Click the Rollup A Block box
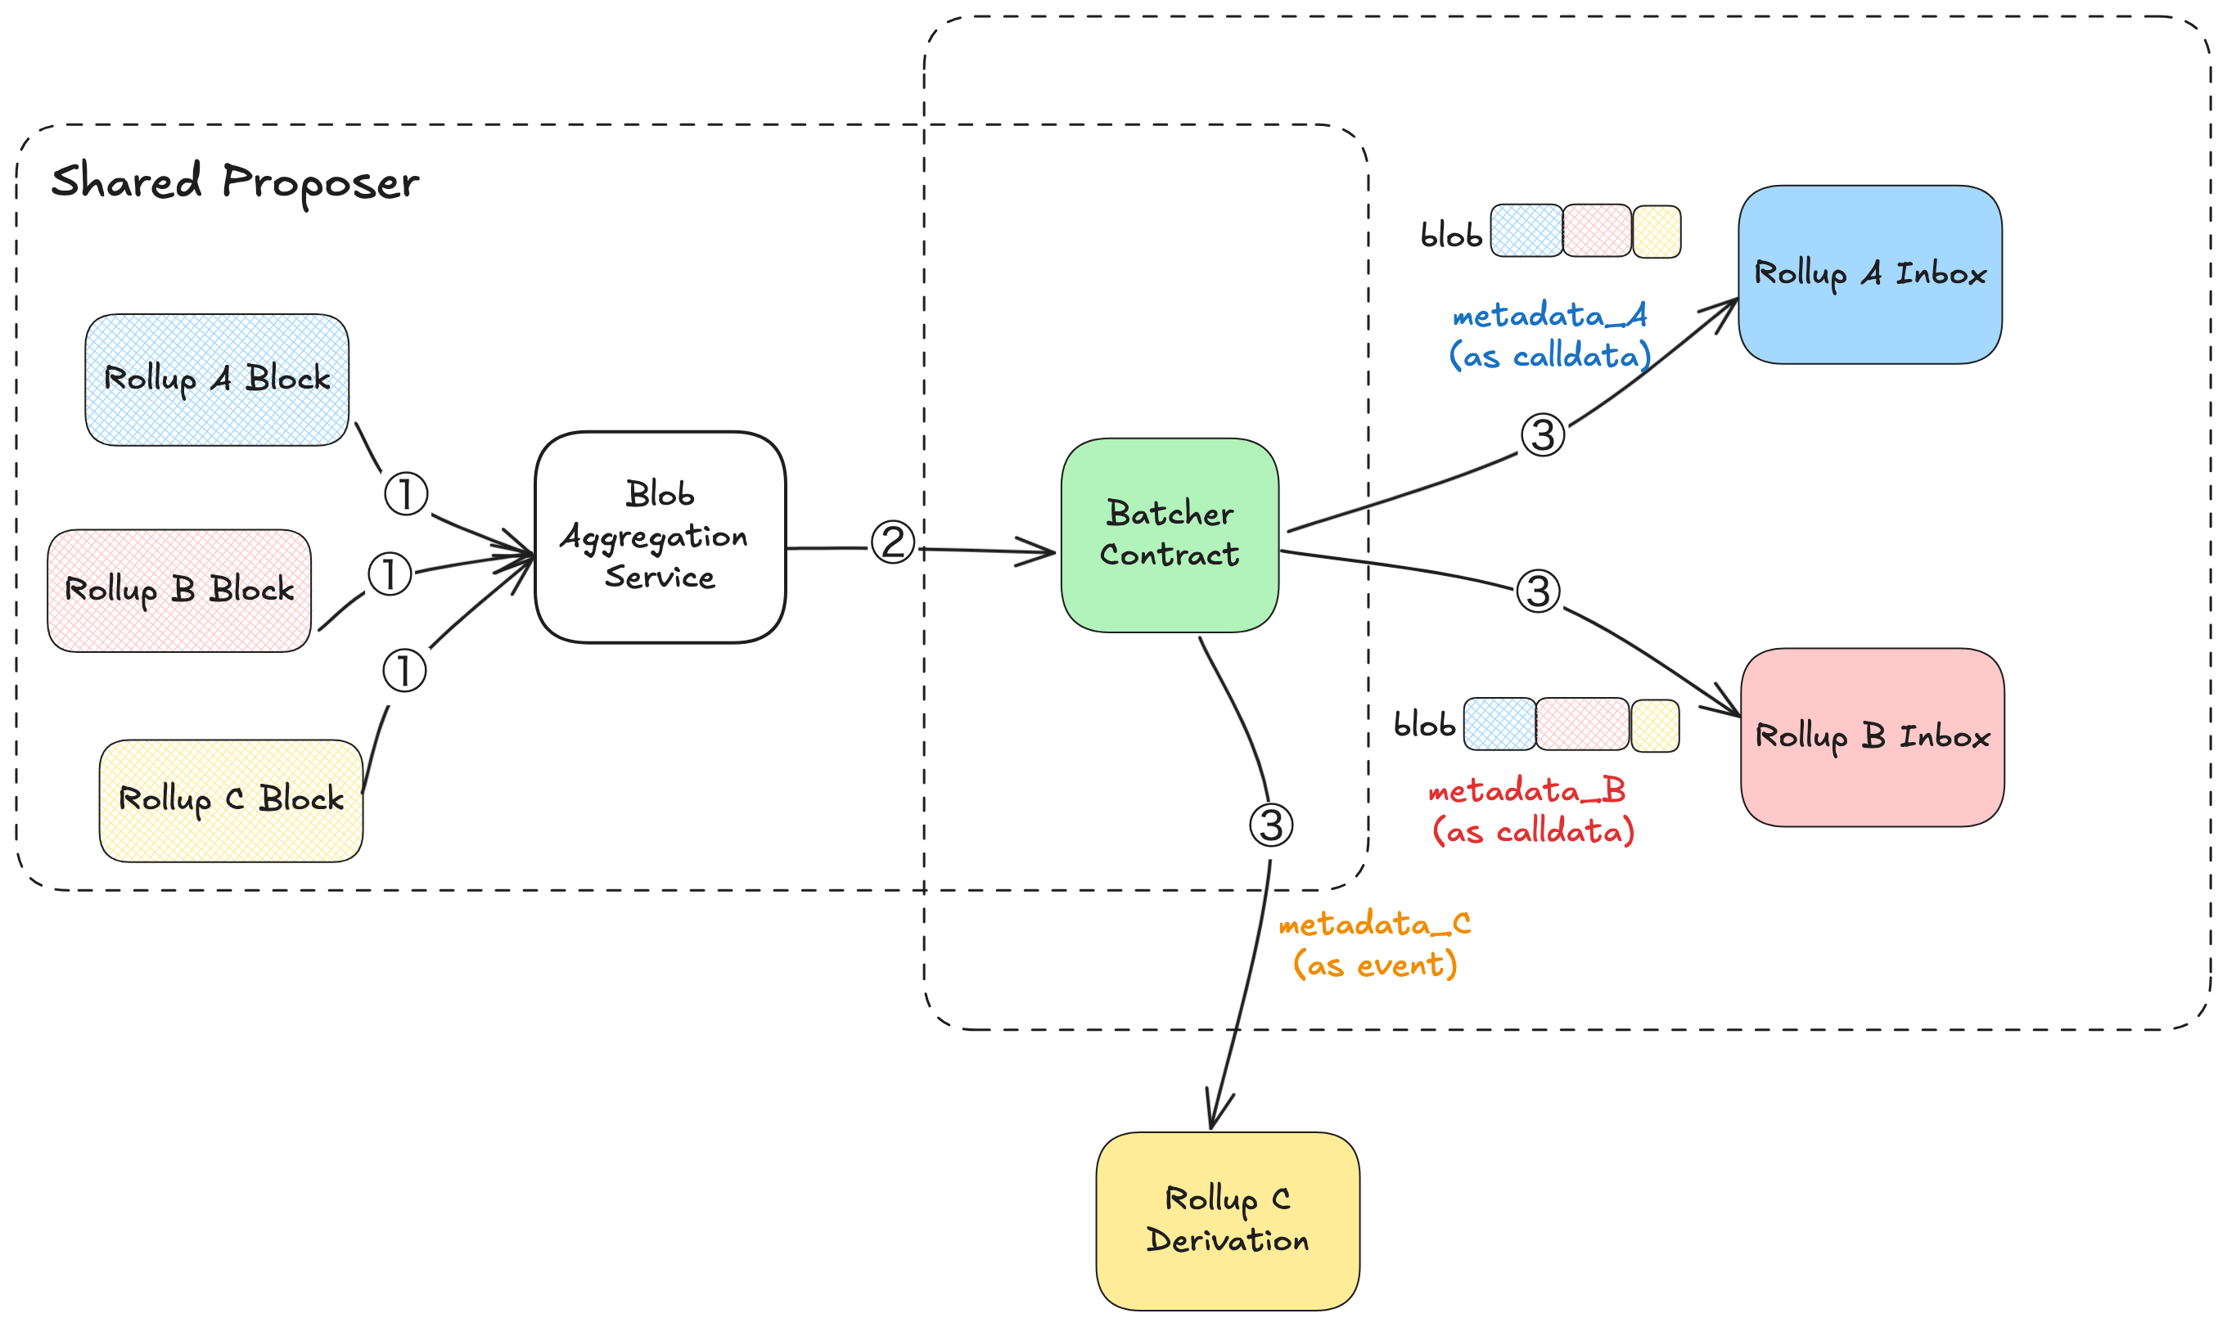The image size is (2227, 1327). tap(216, 379)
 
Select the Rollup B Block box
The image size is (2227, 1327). tap(179, 590)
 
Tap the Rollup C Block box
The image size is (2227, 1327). tap(231, 800)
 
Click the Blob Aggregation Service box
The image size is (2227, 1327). tap(660, 537)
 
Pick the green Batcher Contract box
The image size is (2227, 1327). tap(1169, 535)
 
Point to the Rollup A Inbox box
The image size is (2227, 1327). tap(1869, 275)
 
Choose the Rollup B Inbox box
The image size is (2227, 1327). tap(1872, 737)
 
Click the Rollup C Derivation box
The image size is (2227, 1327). tap(1227, 1221)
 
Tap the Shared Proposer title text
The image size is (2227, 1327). tap(234, 182)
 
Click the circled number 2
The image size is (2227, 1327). tap(893, 542)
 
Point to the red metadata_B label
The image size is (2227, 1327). tap(1532, 811)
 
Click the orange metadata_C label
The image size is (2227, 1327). tap(1375, 944)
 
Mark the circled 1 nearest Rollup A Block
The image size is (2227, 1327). tap(406, 493)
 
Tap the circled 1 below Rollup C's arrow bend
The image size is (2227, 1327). tap(404, 671)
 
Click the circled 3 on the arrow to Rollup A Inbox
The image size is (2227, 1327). tap(1543, 434)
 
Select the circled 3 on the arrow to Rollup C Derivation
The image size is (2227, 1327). tap(1271, 825)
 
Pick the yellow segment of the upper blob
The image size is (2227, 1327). tap(1657, 232)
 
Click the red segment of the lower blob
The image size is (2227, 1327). tap(1582, 723)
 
